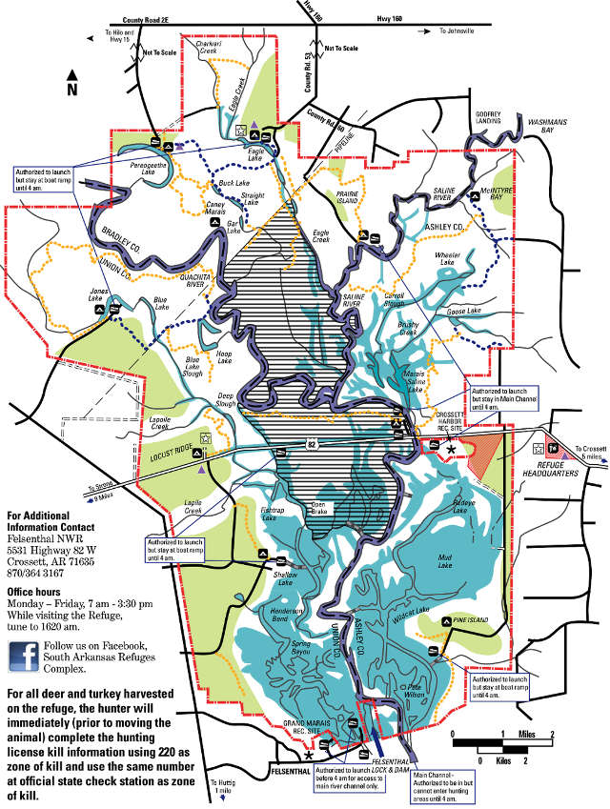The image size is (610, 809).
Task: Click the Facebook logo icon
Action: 23,657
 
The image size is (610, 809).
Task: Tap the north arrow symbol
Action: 71,83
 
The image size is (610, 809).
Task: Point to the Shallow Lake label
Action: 287,576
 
